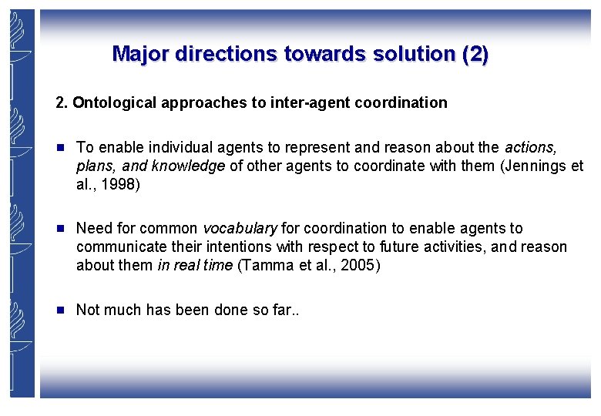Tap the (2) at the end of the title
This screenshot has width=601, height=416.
point(475,54)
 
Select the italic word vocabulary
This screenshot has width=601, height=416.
point(240,229)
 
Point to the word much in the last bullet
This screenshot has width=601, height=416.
point(122,310)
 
